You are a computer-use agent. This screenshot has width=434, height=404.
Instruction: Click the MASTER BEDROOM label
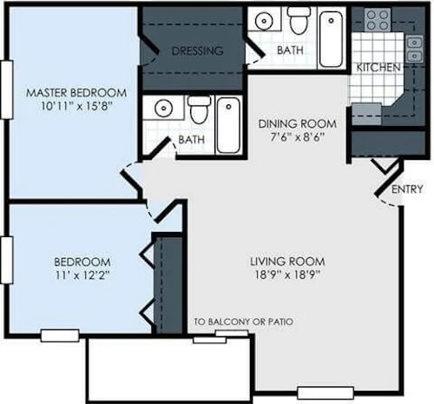(x=76, y=92)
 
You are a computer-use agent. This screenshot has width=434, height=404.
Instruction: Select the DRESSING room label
(x=197, y=51)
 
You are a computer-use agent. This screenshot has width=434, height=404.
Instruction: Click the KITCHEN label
(x=378, y=67)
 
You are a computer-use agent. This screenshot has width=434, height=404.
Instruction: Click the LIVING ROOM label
(x=287, y=262)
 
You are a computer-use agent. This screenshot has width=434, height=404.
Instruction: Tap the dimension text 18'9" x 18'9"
(x=287, y=275)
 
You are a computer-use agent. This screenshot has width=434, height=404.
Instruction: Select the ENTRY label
(x=407, y=189)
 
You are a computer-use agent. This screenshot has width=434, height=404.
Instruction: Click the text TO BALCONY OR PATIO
(x=244, y=321)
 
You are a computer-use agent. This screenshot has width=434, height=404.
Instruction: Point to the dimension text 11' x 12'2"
(x=82, y=275)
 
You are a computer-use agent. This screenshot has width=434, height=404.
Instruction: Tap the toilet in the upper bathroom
(x=299, y=17)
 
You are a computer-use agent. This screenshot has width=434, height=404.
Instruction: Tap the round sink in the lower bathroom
(x=162, y=108)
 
